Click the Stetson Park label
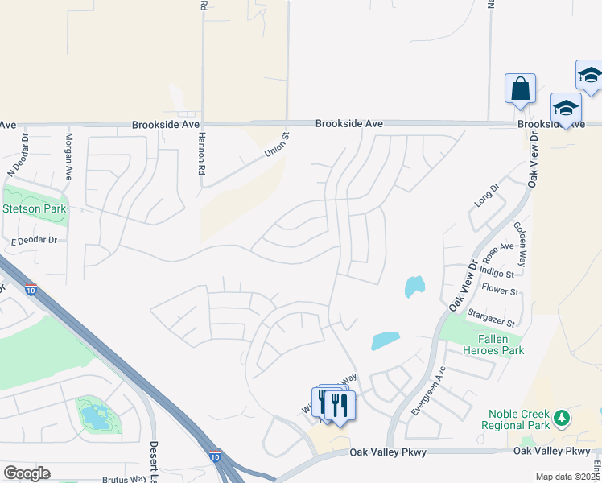tap(35, 209)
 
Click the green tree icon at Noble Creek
tap(562, 418)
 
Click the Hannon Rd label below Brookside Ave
tap(201, 154)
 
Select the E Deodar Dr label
tap(35, 240)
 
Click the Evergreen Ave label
tap(427, 391)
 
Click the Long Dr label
tap(487, 194)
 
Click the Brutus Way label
tap(125, 478)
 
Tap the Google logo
tap(27, 473)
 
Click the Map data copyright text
tap(568, 477)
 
